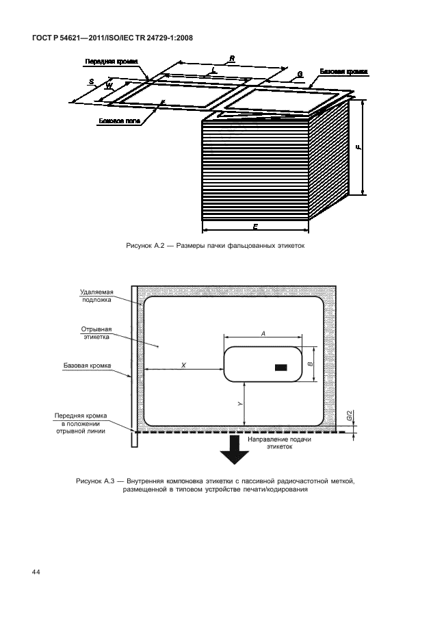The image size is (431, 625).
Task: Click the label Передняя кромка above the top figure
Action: coord(112,61)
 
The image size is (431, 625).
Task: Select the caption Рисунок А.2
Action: coord(215,245)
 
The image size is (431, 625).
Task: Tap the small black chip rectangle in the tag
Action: coord(280,368)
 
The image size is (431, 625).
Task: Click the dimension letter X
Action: coord(183,366)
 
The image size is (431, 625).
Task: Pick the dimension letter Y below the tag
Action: coord(240,403)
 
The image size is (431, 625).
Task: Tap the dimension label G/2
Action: coord(349,415)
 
